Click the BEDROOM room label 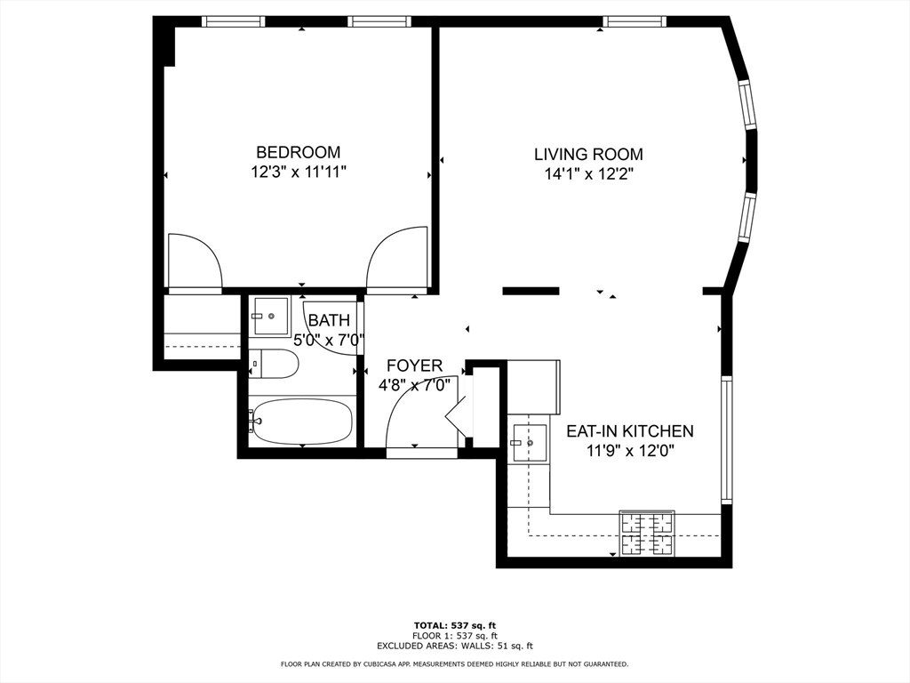299,152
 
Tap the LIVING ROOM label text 588,155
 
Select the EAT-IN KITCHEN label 630,431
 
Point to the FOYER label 414,366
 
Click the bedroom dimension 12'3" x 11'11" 299,173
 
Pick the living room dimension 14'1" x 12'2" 588,174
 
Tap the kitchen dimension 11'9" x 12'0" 630,451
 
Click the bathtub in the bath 303,421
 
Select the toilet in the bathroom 273,364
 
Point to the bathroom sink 270,317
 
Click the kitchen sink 530,443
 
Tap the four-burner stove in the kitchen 647,534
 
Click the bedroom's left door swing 195,261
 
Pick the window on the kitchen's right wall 727,439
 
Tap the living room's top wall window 635,21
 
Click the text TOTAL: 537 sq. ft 455,625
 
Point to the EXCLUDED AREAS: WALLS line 455,646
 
